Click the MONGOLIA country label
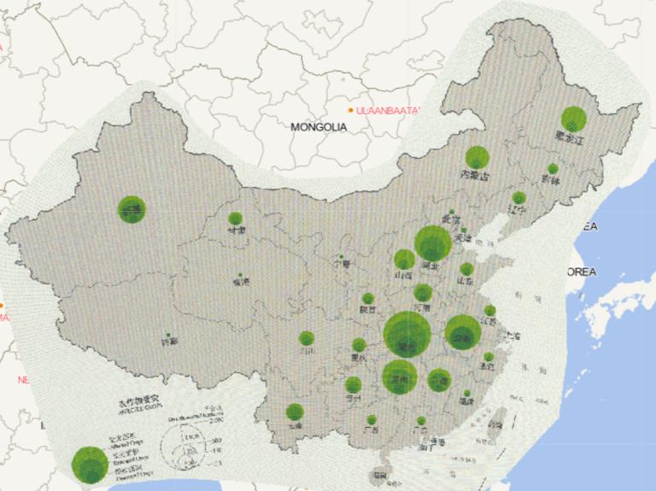point(319,127)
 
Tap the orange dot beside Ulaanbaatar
point(351,110)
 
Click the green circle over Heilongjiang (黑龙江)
point(573,120)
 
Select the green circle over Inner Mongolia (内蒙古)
point(477,157)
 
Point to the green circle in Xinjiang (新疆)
point(132,208)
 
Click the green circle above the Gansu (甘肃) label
point(236,219)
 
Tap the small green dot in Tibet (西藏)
point(168,335)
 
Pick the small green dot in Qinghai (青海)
point(239,276)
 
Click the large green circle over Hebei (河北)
point(433,243)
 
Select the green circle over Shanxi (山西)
point(405,260)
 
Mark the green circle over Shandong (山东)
point(466,269)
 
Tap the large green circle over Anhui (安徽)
point(463,332)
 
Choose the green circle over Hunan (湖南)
point(399,377)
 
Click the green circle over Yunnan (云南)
point(295,412)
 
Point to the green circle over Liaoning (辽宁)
point(519,198)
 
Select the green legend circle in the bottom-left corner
point(89,464)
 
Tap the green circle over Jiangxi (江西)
point(439,378)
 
